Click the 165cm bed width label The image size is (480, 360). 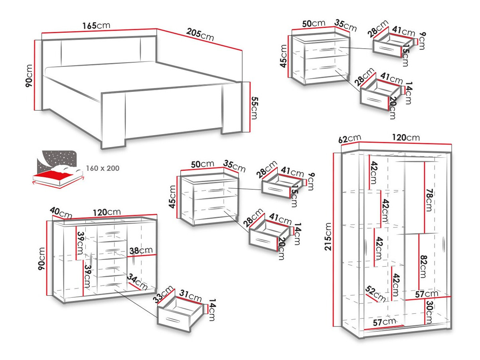(x=96, y=26)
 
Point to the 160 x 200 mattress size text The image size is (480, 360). (x=103, y=168)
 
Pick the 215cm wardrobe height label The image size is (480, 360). (x=328, y=236)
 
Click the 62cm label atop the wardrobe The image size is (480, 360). (x=346, y=139)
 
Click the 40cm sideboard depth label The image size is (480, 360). (x=61, y=214)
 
